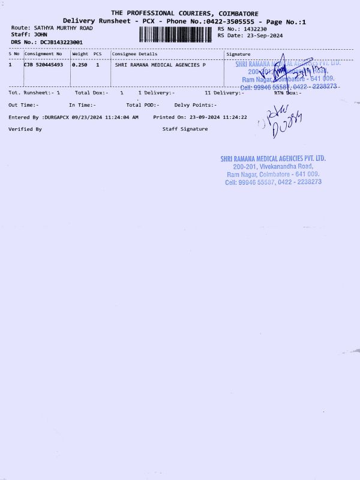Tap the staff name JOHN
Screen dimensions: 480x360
(x=40, y=35)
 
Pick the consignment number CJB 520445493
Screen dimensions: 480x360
(x=43, y=65)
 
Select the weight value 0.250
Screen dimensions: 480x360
(x=80, y=65)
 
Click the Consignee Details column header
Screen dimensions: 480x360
(x=135, y=54)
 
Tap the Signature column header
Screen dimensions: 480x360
(x=238, y=54)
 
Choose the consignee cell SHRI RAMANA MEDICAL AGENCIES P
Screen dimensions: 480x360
(x=160, y=65)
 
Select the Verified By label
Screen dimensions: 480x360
(x=25, y=129)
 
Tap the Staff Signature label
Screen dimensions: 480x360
(x=185, y=129)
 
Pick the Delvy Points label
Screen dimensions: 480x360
(x=194, y=105)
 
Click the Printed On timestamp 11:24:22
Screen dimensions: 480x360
(x=235, y=118)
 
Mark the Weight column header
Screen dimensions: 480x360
(x=80, y=54)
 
